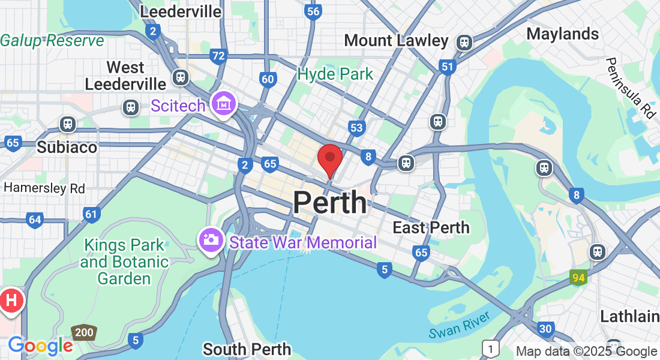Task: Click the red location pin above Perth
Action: click(329, 158)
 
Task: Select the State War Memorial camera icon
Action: click(211, 240)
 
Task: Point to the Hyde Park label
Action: click(335, 74)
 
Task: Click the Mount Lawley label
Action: click(396, 41)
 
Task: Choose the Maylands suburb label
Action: click(562, 34)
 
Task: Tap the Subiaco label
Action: click(67, 147)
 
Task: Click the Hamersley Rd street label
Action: click(44, 188)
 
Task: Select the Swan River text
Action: click(460, 325)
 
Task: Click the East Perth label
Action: click(431, 227)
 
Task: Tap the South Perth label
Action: click(247, 349)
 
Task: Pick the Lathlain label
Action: click(629, 316)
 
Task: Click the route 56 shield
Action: click(312, 11)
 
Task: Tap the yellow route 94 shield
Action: click(578, 277)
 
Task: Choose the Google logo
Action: click(40, 346)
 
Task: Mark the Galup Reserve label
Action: click(52, 41)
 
